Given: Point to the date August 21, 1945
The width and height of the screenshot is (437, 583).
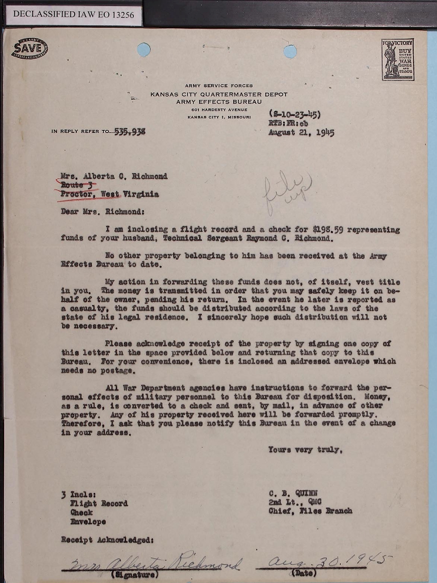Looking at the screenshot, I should tap(301, 133).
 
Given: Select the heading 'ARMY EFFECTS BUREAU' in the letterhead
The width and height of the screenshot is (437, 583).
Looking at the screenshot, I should tap(219, 102).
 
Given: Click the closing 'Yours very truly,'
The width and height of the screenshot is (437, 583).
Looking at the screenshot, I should tap(306, 450).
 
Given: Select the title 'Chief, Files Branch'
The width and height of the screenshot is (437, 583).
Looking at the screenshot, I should tap(310, 511).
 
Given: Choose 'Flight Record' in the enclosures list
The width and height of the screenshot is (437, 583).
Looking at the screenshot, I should tap(99, 503).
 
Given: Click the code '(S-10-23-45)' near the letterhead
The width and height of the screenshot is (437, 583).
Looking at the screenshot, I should tap(294, 115).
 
